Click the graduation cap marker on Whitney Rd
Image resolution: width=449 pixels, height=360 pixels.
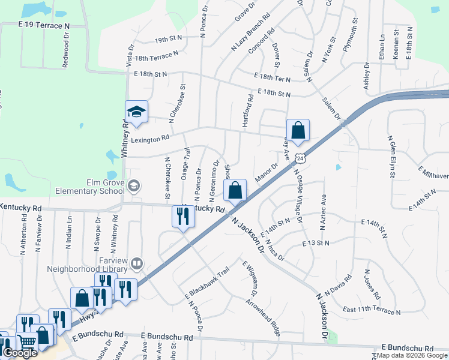[x=136, y=113]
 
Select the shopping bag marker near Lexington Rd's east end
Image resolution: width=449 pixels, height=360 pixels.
[x=298, y=130]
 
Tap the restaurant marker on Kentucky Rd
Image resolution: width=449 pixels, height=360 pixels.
[x=182, y=217]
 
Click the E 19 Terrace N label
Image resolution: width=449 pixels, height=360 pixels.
[x=44, y=26]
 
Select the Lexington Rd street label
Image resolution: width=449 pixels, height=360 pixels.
[x=150, y=139]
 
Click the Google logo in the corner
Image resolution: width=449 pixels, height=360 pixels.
[x=20, y=353]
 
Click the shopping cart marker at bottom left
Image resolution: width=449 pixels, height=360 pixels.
[x=27, y=343]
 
